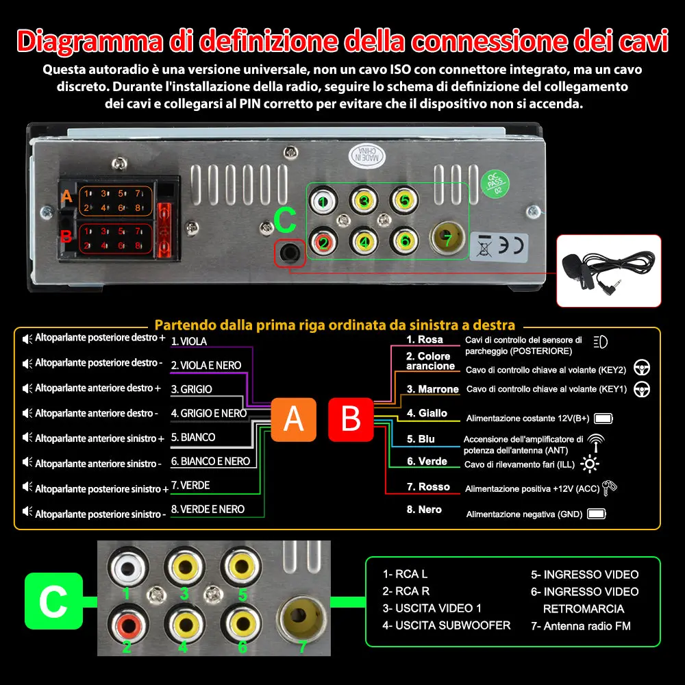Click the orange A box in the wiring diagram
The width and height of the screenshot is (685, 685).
[293, 419]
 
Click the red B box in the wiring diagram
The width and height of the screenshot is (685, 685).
[351, 419]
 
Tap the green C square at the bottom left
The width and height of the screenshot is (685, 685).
[53, 601]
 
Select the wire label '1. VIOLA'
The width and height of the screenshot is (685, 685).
[189, 341]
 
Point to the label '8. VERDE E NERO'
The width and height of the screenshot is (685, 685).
[208, 509]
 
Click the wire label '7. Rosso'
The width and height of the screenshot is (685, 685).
[429, 487]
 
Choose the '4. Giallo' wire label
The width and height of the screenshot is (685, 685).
[427, 413]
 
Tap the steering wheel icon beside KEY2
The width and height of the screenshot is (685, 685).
[641, 367]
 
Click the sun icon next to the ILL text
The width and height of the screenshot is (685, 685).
[588, 464]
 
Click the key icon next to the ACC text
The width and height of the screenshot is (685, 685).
[608, 488]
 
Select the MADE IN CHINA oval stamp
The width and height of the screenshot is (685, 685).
[368, 155]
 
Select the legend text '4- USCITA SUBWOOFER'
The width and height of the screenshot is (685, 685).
[446, 625]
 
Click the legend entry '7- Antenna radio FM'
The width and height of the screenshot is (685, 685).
[581, 625]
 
